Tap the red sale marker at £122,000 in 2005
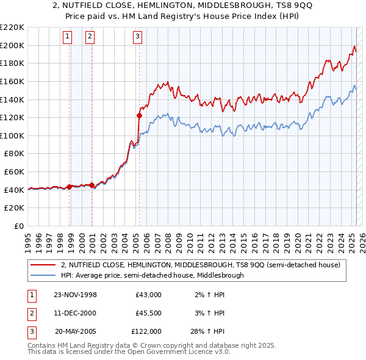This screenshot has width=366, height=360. tap(139, 115)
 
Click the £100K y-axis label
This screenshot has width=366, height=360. tap(13, 135)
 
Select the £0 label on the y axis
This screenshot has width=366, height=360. tap(19, 226)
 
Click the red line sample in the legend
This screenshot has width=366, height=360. tap(43, 265)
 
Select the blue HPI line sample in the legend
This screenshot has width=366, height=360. tap(43, 275)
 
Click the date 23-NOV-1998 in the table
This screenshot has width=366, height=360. tap(75, 295)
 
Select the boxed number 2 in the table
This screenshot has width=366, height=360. tap(30, 313)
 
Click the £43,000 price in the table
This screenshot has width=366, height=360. tap(149, 295)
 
